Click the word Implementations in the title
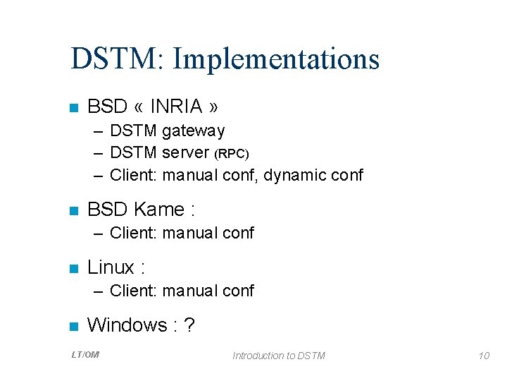click(276, 59)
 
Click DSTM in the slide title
click(115, 59)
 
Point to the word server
click(185, 153)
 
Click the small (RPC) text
click(232, 154)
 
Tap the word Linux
click(111, 267)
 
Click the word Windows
click(127, 325)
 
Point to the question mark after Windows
click(189, 325)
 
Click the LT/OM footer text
click(85, 355)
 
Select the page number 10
click(483, 356)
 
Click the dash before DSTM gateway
click(98, 131)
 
